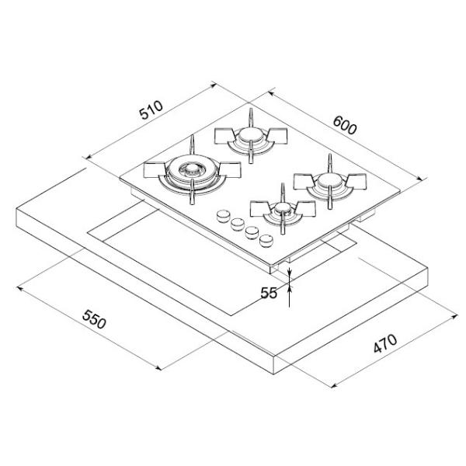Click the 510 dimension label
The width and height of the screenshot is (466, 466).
pos(151,110)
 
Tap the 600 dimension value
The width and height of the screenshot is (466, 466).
pos(344,125)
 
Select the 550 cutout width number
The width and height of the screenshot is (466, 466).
pos(94,319)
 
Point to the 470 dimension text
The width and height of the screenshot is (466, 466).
pos(385,344)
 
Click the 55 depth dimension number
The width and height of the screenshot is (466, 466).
pos(269,293)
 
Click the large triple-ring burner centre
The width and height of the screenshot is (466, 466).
pos(192,169)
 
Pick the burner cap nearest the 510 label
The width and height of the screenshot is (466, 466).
pos(251,135)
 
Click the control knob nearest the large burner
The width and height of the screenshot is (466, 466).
pos(223,216)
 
